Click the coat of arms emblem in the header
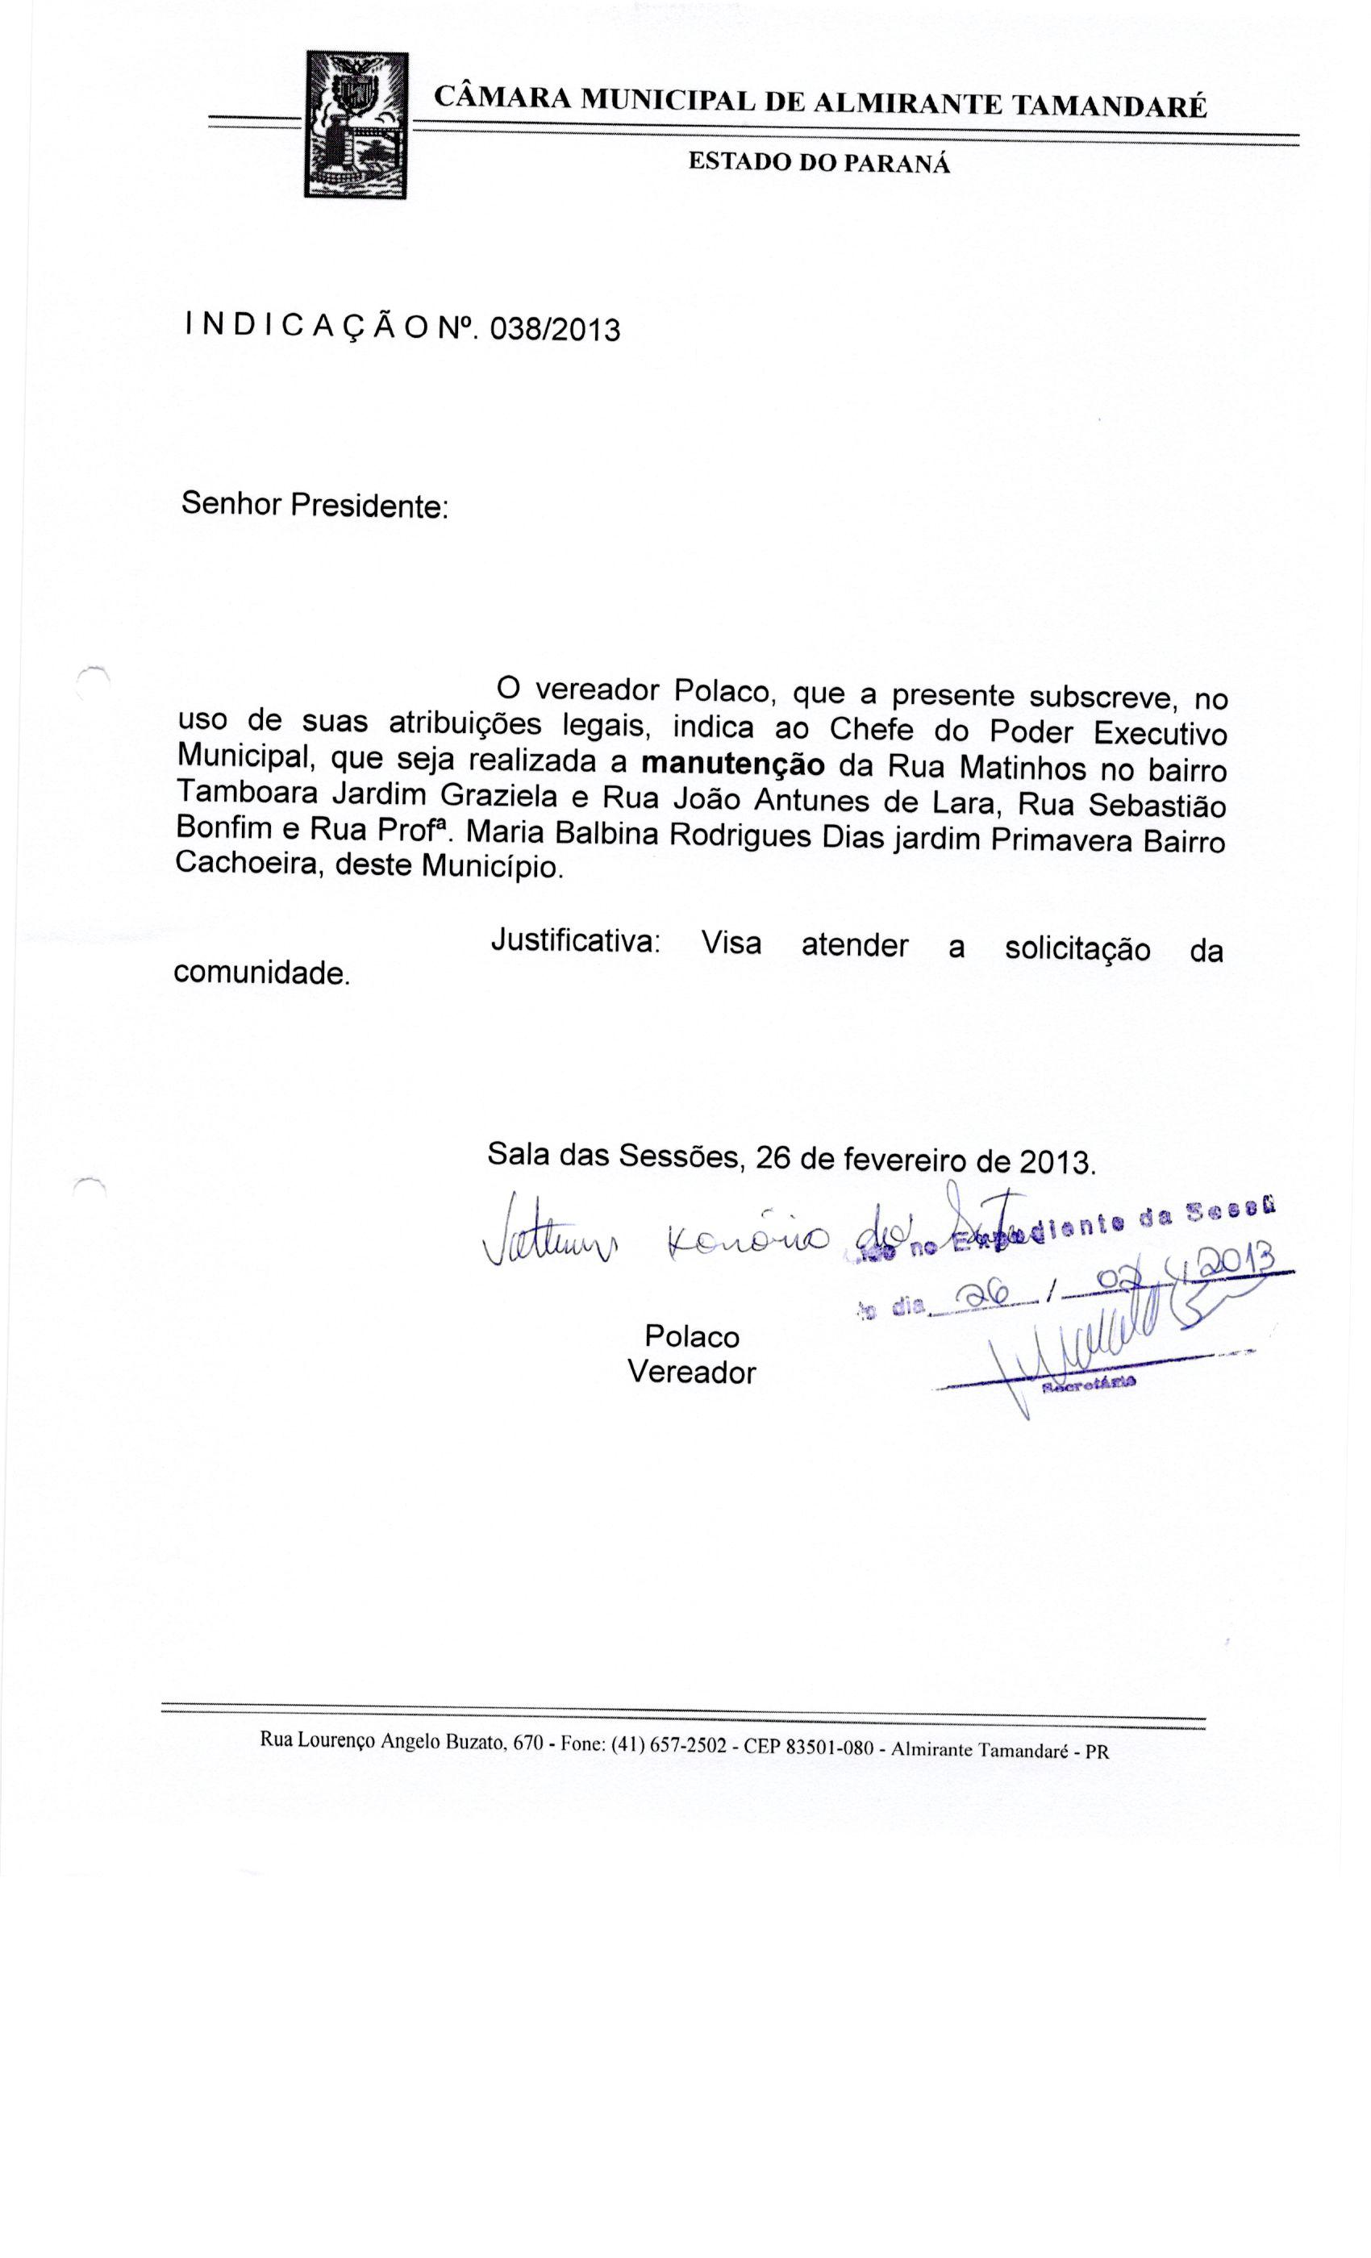pos(356,125)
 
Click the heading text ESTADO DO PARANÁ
pos(819,163)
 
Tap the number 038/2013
pos(556,328)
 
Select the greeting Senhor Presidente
pos(315,504)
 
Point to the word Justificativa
pos(576,941)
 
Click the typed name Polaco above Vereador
pos(692,1337)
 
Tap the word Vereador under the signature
pos(692,1373)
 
